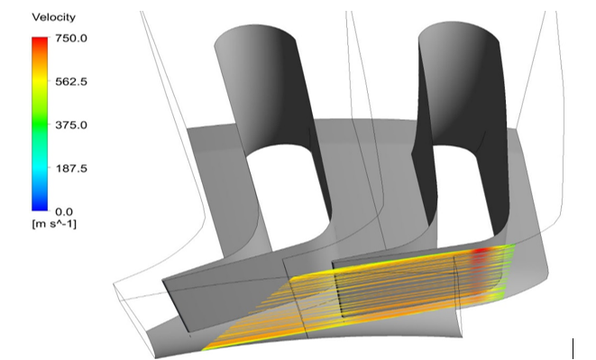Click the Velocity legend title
(53, 17)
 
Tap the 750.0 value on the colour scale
(71, 38)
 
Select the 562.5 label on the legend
(71, 81)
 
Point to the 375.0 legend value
(71, 125)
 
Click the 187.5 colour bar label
(71, 168)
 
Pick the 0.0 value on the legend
(64, 212)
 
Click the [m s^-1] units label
(54, 224)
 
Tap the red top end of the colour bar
(40, 40)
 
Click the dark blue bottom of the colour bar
(40, 207)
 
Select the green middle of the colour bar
(40, 124)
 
